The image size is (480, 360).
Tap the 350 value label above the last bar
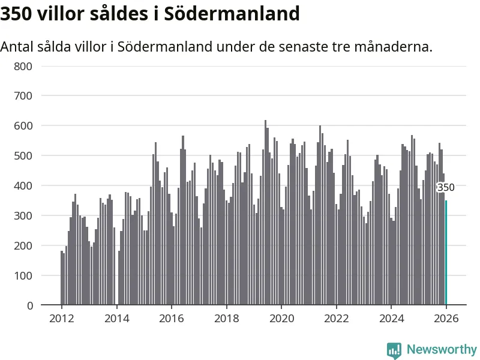tap(446, 187)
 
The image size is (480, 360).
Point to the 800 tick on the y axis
tap(23, 66)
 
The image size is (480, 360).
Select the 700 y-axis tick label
tap(23, 96)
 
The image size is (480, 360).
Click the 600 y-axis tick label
tap(23, 126)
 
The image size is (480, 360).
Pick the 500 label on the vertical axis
tap(23, 156)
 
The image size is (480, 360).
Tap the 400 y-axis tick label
tap(23, 186)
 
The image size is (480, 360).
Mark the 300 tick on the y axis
tap(23, 216)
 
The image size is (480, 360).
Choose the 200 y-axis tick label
tap(23, 246)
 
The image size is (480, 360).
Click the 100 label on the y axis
tap(23, 276)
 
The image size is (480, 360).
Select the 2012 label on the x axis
tap(62, 319)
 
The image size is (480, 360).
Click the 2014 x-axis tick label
tap(116, 319)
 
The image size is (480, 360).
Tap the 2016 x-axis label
tap(172, 319)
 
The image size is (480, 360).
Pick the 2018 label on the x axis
tap(226, 319)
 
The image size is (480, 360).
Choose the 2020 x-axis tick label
tap(281, 319)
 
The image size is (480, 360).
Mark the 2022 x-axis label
tap(337, 319)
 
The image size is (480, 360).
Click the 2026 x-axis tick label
tap(446, 319)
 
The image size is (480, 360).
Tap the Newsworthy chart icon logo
tap(394, 350)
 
